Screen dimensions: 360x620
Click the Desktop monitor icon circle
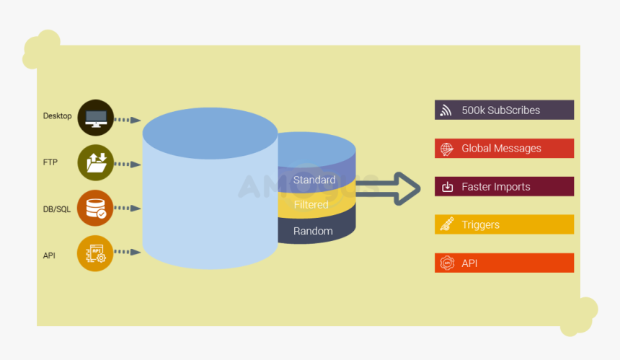pyautogui.click(x=95, y=118)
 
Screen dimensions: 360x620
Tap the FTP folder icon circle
pyautogui.click(x=95, y=163)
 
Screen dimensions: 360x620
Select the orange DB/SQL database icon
pyautogui.click(x=95, y=208)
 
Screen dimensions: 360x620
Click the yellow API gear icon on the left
pyautogui.click(x=95, y=253)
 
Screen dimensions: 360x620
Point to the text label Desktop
pyautogui.click(x=58, y=116)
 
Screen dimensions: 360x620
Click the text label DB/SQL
pyautogui.click(x=57, y=209)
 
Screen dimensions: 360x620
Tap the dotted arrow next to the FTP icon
pyautogui.click(x=128, y=164)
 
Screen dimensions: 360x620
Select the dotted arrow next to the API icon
pyautogui.click(x=128, y=253)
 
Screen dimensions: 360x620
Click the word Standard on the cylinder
pyautogui.click(x=314, y=180)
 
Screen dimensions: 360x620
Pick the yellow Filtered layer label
pyautogui.click(x=311, y=205)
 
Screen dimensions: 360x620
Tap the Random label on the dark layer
pyautogui.click(x=313, y=231)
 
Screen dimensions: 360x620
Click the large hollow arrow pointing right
pyautogui.click(x=393, y=189)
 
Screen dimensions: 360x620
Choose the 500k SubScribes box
pyautogui.click(x=504, y=110)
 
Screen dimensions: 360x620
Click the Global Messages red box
pyautogui.click(x=504, y=149)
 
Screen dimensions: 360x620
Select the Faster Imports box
pyautogui.click(x=504, y=187)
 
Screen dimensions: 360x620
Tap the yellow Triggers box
pyautogui.click(x=504, y=224)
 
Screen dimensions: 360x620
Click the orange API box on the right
pyautogui.click(x=504, y=263)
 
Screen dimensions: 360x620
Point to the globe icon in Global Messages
pyautogui.click(x=447, y=149)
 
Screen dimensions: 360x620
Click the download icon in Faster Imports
pyautogui.click(x=447, y=187)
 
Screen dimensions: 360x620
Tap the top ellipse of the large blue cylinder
pyautogui.click(x=210, y=136)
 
